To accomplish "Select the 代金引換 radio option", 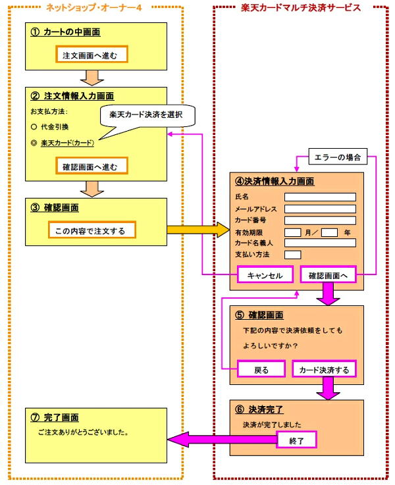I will (34, 126).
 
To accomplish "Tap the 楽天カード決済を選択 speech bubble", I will (147, 115).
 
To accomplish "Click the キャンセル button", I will (265, 276).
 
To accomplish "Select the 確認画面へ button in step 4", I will (328, 276).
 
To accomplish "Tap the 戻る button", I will (261, 369).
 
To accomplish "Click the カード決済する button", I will (324, 369).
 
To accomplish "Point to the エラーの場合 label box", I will (335, 158).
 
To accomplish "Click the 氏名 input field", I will (320, 197).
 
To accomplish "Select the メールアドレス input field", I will (320, 209).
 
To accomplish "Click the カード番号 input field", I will (320, 220).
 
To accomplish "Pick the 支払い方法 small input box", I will (292, 255).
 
